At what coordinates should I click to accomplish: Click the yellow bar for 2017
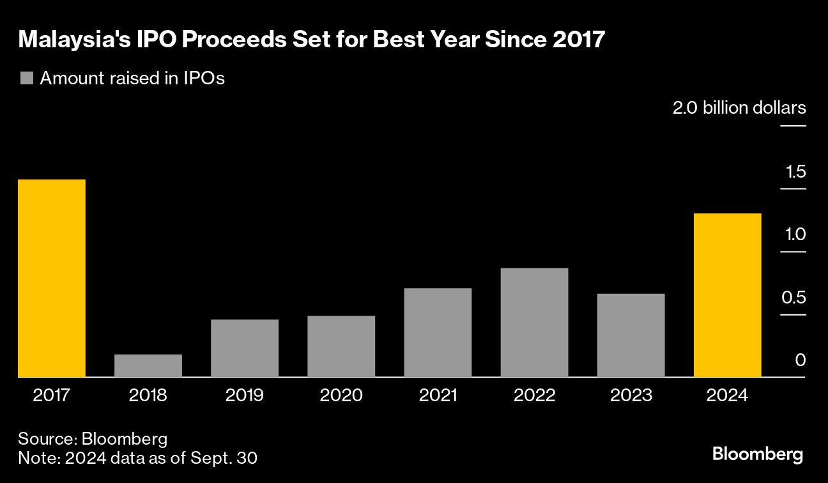(x=51, y=278)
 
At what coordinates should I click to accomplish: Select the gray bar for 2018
(x=148, y=365)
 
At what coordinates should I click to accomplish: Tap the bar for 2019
(x=245, y=348)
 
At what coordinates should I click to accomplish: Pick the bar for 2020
(x=341, y=346)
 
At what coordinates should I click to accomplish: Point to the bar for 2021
(x=438, y=332)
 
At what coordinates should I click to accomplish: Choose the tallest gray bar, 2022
(x=534, y=323)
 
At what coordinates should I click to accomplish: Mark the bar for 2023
(x=631, y=335)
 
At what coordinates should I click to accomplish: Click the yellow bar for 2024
(x=727, y=295)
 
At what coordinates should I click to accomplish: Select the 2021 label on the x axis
(x=438, y=395)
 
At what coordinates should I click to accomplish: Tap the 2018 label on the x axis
(x=148, y=395)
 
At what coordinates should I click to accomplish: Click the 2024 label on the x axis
(x=727, y=395)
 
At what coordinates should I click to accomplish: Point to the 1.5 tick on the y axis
(x=793, y=172)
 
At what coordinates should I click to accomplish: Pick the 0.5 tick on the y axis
(x=793, y=298)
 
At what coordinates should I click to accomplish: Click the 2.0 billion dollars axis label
(x=739, y=108)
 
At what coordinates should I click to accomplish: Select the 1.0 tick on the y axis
(x=793, y=235)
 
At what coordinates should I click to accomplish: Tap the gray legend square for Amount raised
(x=26, y=79)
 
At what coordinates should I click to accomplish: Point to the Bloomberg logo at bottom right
(x=757, y=454)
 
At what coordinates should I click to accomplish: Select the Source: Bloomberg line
(x=93, y=439)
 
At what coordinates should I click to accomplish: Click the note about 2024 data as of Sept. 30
(x=137, y=457)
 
